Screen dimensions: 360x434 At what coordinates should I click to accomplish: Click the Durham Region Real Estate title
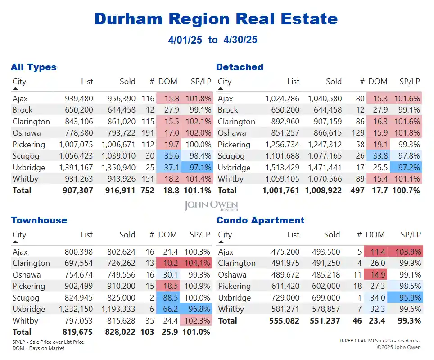coord(216,18)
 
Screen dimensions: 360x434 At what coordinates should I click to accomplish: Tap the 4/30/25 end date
coord(240,40)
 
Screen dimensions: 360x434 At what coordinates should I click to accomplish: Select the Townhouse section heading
coord(39,220)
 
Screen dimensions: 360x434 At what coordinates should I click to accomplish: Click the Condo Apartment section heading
coord(260,220)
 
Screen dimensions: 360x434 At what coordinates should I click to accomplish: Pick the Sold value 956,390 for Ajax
coord(121,98)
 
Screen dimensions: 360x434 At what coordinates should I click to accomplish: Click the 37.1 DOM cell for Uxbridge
coord(169,167)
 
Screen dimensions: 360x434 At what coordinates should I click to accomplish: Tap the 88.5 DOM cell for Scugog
coord(169,297)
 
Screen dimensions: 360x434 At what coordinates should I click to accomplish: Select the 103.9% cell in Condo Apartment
coord(407,252)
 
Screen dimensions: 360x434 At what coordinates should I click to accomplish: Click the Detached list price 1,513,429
coord(282,167)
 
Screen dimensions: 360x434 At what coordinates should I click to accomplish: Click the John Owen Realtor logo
coord(211,206)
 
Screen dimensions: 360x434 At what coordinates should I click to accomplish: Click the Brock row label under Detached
coord(228,110)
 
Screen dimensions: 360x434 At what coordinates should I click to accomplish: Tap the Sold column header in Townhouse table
coord(127,235)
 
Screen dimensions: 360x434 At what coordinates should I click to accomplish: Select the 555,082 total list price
coord(284,320)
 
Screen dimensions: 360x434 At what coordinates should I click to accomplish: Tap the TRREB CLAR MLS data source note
coord(380,341)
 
